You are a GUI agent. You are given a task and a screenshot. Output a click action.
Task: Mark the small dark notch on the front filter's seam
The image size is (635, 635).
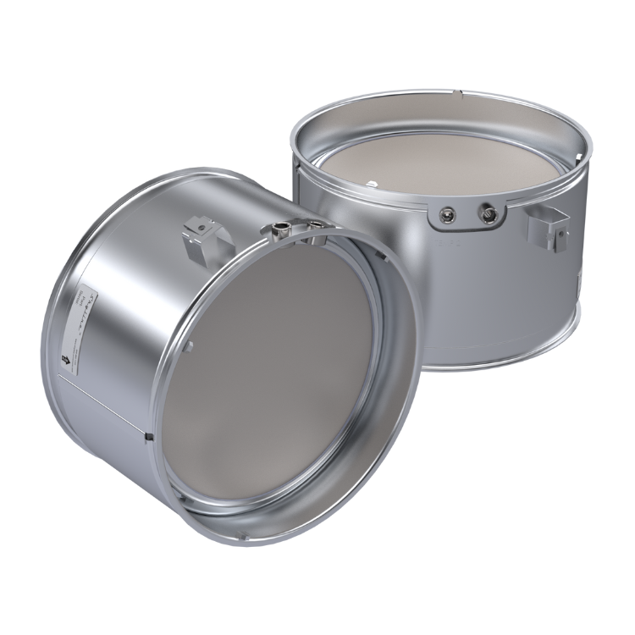tap(149, 436)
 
